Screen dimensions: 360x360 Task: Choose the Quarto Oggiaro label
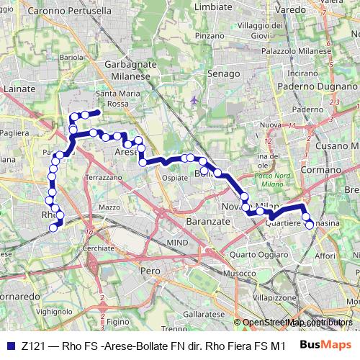[253, 253]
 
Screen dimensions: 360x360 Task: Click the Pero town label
[150, 270]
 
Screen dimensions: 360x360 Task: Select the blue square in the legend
[10, 345]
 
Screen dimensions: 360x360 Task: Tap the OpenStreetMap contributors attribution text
[297, 323]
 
